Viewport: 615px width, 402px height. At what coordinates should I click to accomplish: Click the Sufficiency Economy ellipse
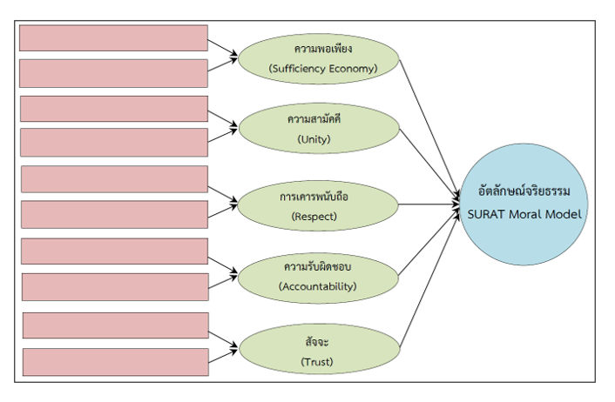click(318, 57)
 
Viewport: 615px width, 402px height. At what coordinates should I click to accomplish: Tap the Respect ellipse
click(318, 204)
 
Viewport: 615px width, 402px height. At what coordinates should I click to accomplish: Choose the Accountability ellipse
click(318, 276)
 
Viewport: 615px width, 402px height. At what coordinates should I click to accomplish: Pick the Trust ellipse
click(318, 348)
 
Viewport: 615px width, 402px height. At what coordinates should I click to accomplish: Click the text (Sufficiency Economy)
click(323, 68)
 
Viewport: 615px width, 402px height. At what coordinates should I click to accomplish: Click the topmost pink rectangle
click(113, 37)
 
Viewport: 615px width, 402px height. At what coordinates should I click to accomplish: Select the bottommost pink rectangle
click(115, 361)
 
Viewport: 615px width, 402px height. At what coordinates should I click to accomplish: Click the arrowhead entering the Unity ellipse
click(235, 129)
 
